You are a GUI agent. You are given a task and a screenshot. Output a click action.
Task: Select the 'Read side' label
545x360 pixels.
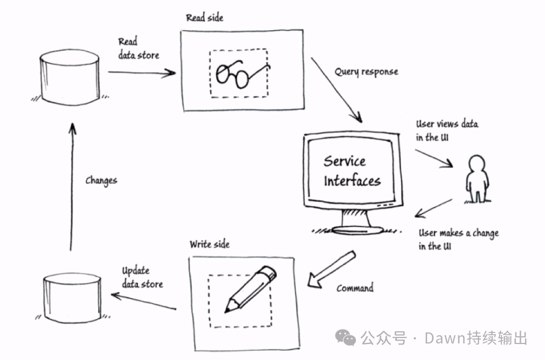click(205, 18)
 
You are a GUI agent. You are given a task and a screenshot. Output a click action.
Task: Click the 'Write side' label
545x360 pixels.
click(210, 244)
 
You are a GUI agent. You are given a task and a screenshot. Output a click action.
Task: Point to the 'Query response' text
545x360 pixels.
click(366, 72)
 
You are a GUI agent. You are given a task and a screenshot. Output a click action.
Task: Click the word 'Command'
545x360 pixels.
click(355, 288)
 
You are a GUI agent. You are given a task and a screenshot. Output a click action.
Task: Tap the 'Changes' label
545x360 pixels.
click(101, 180)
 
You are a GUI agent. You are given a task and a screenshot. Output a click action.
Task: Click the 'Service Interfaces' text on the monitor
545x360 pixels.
click(352, 171)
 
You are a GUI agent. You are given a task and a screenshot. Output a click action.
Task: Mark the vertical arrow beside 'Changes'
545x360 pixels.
click(71, 187)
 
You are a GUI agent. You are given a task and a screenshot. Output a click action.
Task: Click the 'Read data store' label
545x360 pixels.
click(138, 49)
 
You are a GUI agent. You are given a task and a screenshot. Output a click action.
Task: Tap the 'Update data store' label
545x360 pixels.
click(142, 278)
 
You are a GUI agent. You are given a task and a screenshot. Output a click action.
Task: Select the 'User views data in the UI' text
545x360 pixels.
click(446, 131)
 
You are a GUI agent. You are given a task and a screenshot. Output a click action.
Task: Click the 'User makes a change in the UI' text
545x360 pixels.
click(457, 239)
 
